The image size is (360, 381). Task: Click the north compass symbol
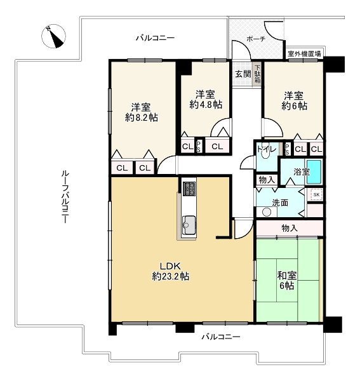pos(53,36)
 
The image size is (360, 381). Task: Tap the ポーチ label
pos(256,39)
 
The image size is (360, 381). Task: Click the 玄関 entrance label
pos(243,74)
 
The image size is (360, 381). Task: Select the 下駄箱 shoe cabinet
pos(258,74)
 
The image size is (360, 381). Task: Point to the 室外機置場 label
pos(304,53)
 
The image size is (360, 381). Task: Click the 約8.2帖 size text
pos(142,117)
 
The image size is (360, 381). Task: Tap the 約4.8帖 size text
pos(206,105)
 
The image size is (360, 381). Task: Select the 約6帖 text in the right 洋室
pos(294,106)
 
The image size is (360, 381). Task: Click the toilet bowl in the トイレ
pos(267,154)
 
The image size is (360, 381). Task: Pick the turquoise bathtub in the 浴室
pos(314,172)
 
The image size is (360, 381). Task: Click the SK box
pos(316,194)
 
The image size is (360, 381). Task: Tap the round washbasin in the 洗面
pos(267,212)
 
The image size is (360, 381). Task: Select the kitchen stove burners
pos(189,189)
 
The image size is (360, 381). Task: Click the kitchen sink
pos(189,225)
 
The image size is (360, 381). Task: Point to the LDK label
pos(170,266)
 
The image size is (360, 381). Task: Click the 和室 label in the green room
pos(287,276)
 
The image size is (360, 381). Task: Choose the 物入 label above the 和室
pos(290,228)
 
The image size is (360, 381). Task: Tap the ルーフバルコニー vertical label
pos(65,197)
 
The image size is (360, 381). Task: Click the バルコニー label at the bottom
pos(221,337)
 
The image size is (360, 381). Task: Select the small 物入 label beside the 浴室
pos(267,180)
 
